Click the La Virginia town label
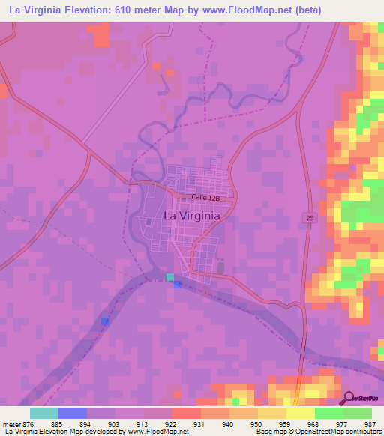[191, 216]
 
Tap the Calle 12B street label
[205, 197]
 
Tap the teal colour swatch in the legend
[44, 413]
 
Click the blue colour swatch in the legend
[73, 413]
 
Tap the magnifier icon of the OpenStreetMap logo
[348, 398]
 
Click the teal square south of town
[170, 277]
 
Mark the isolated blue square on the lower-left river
[105, 321]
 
